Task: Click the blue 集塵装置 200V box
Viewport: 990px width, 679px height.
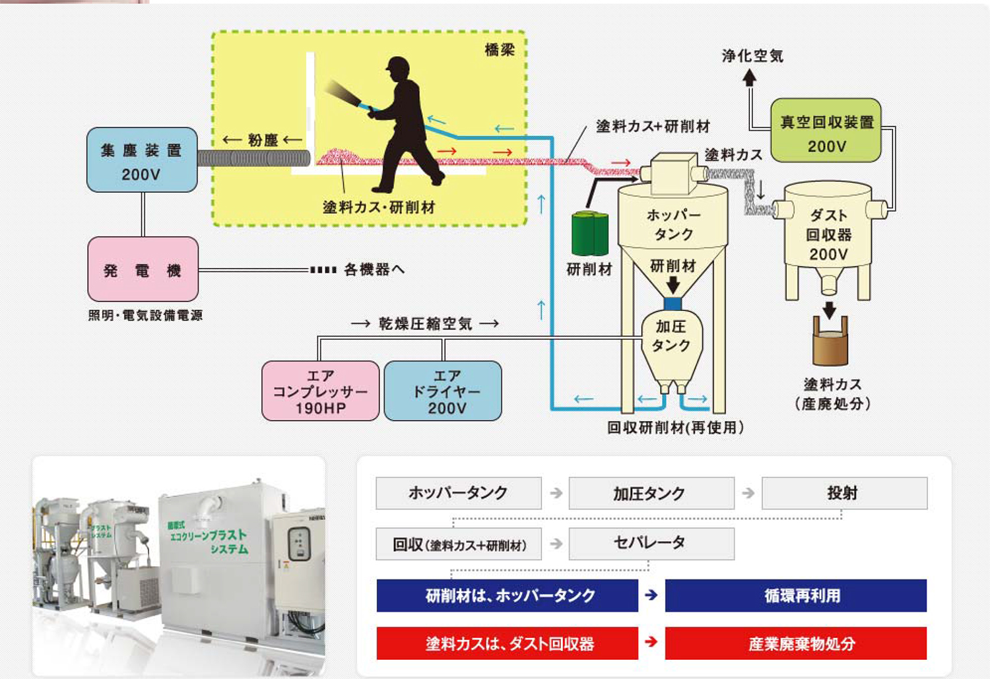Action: click(x=142, y=160)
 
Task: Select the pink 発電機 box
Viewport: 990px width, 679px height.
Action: click(x=143, y=269)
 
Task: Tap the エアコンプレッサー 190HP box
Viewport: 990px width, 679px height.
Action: click(x=320, y=391)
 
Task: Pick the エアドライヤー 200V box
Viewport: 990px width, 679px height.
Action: click(x=443, y=391)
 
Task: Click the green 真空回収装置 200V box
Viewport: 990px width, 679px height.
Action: click(x=826, y=131)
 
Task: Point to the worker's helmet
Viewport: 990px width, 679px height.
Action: click(x=397, y=65)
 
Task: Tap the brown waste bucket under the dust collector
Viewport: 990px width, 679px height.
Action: click(x=830, y=344)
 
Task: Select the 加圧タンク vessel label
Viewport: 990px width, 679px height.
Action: click(x=671, y=336)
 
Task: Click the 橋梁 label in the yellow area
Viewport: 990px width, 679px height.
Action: click(x=499, y=49)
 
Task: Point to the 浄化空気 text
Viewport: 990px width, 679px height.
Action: click(x=752, y=55)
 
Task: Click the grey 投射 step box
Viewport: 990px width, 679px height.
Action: click(x=844, y=493)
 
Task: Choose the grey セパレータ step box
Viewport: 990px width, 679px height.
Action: click(x=651, y=543)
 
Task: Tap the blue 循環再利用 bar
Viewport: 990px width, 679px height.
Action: click(x=795, y=595)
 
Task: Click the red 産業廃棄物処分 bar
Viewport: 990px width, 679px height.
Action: click(x=795, y=643)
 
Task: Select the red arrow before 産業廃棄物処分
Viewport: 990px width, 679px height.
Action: click(x=651, y=641)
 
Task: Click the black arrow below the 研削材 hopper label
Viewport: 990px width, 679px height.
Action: click(x=673, y=285)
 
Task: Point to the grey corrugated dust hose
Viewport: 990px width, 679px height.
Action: click(x=254, y=158)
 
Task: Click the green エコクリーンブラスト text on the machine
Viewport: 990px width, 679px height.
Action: click(x=209, y=535)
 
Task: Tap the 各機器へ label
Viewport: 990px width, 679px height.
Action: click(x=374, y=269)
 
